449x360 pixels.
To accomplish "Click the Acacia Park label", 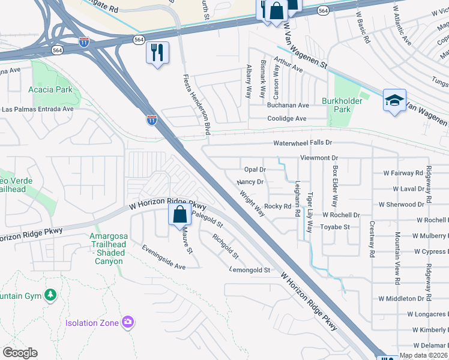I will pyautogui.click(x=50, y=89).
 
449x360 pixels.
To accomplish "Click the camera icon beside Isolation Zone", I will pyautogui.click(x=127, y=323).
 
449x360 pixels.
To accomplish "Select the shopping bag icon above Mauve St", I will pyautogui.click(x=179, y=214).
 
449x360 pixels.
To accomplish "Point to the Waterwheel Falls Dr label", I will pyautogui.click(x=303, y=143).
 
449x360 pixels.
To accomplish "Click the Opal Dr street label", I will pyautogui.click(x=255, y=170).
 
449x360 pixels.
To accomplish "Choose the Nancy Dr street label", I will pyautogui.click(x=250, y=182).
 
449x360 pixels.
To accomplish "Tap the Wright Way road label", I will pyautogui.click(x=252, y=203).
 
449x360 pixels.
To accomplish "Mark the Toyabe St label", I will pyautogui.click(x=335, y=227).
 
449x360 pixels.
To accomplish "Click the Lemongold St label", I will pyautogui.click(x=250, y=271).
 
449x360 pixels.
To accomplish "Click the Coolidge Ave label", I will pyautogui.click(x=287, y=119).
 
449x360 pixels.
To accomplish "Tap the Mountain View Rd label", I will pyautogui.click(x=397, y=257).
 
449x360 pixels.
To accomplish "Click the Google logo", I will pyautogui.click(x=20, y=353).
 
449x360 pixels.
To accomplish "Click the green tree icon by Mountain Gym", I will pyautogui.click(x=50, y=295).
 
